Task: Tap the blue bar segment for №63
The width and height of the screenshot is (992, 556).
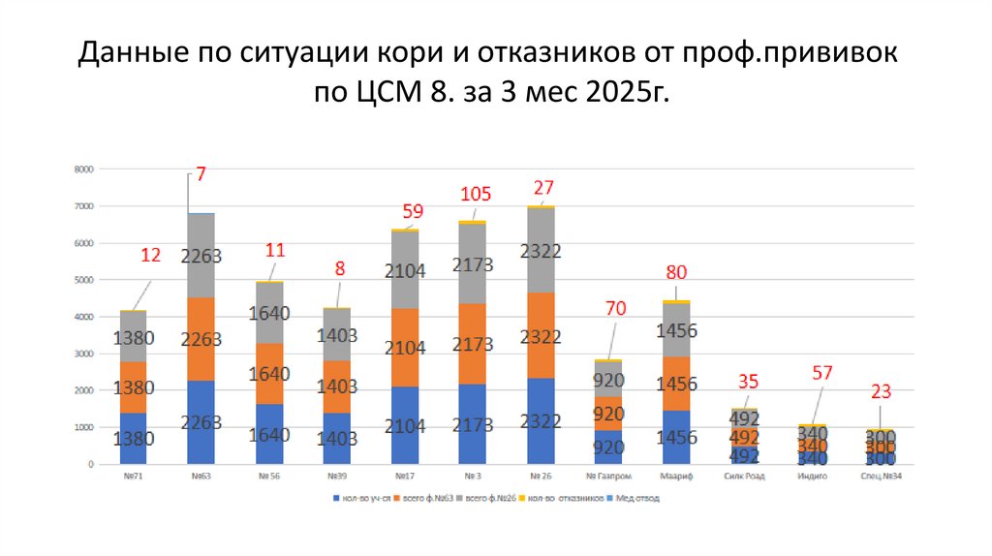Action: coord(201,422)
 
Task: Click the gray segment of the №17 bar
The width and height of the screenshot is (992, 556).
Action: coord(405,270)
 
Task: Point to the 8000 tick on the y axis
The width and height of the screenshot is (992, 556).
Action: coord(83,170)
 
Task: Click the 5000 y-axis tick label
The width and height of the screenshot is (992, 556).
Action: coord(83,280)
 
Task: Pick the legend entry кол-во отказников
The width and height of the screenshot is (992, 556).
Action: coord(562,499)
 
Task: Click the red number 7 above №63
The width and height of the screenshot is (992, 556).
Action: coord(201,174)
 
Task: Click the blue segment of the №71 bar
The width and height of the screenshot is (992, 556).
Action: coord(133,439)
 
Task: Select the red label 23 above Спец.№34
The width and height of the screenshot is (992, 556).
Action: coord(880,391)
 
